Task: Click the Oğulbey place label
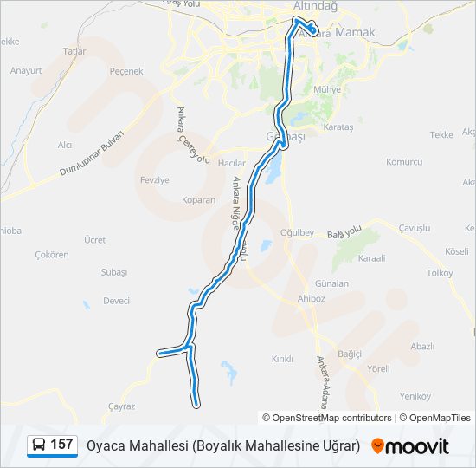point(297,233)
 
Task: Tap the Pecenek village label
point(126,72)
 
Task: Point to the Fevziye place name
point(153,179)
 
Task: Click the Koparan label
point(198,200)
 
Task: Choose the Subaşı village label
point(113,272)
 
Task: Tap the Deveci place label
point(116,301)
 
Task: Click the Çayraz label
point(121,406)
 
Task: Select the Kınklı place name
point(283,359)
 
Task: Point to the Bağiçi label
point(350,354)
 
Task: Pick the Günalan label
point(332,283)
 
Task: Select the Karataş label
point(338,127)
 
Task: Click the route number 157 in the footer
point(61,445)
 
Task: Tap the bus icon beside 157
point(39,445)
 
